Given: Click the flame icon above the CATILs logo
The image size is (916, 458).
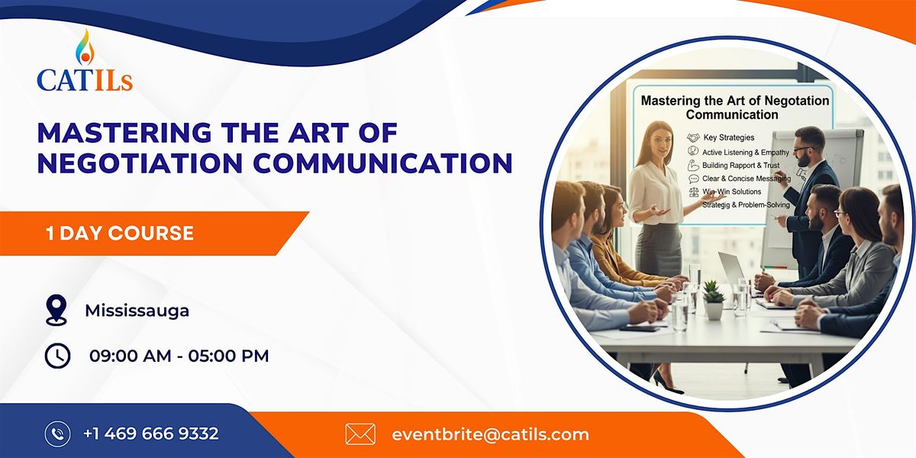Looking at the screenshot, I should coord(84,47).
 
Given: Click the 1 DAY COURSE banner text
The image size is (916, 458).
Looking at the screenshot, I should coord(119,233).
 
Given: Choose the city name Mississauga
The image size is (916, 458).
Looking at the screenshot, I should coord(137,311).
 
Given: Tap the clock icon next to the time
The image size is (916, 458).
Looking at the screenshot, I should coord(57,356).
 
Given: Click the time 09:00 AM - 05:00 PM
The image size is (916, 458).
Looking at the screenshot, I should coord(179,356).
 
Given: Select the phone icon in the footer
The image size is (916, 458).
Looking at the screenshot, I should coord(57,434).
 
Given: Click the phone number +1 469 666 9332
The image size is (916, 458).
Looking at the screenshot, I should coord(151,434).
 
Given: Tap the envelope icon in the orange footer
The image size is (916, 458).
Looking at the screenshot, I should coord(360,434).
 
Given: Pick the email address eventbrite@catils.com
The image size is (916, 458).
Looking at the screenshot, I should coord(490,434).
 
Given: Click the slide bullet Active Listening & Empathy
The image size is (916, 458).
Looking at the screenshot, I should coord(745,152).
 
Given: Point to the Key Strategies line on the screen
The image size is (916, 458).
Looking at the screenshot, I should coord(728,137).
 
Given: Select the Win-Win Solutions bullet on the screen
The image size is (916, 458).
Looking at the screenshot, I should coord(731,192).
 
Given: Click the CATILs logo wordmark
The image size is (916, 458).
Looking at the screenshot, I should coord(85,79).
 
